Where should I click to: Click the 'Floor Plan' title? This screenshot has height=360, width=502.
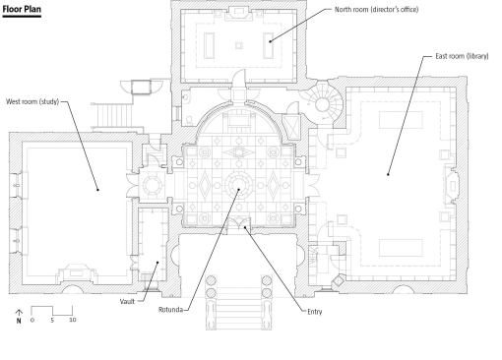tap(22, 9)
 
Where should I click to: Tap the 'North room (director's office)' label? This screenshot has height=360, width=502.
tap(376, 10)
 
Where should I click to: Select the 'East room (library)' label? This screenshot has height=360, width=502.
tap(462, 56)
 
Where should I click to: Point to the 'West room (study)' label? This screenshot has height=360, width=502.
tap(32, 101)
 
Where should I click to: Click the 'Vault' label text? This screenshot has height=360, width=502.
tap(127, 302)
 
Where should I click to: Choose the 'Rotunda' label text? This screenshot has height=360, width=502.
tap(170, 310)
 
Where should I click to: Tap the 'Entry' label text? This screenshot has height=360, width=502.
tap(315, 312)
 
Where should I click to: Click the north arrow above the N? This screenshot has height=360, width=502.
tap(19, 313)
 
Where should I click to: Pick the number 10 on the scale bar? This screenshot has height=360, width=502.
tap(73, 320)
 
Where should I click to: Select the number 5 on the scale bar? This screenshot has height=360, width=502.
tap(52, 320)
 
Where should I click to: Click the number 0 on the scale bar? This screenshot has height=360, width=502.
tap(31, 320)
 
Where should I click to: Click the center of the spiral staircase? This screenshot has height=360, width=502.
tap(322, 105)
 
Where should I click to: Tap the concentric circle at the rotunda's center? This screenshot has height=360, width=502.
tap(239, 185)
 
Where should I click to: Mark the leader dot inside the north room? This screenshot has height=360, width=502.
tap(270, 41)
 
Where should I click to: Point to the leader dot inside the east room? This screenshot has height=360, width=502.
tap(388, 174)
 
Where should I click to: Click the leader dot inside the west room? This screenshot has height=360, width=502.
tap(97, 190)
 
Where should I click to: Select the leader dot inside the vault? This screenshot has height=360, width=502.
tap(157, 263)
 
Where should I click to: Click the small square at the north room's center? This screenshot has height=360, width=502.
tap(239, 45)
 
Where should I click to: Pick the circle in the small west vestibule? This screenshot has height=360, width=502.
tap(153, 185)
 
